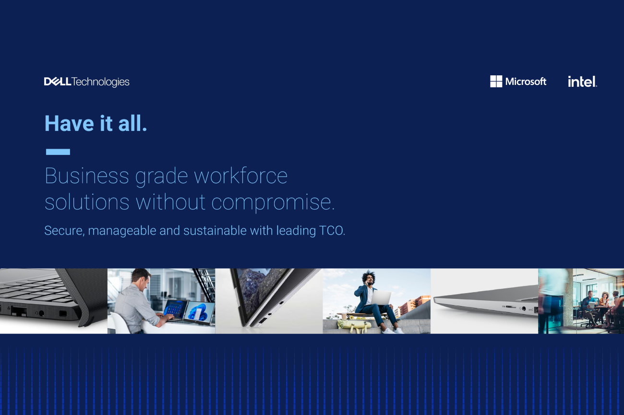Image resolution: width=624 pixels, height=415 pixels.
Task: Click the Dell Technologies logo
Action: click(86, 82)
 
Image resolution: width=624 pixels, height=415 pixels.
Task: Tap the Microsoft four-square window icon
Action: click(496, 82)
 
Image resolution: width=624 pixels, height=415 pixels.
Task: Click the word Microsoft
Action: click(526, 82)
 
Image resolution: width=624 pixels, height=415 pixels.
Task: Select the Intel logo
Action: click(582, 82)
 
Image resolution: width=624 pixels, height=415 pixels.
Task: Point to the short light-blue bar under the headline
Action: click(58, 152)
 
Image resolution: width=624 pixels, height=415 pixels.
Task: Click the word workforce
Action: click(240, 176)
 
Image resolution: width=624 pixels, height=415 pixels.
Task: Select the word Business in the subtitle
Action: click(87, 176)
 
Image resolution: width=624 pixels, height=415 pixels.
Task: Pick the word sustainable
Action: click(215, 231)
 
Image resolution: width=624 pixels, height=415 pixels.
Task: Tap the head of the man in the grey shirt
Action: click(142, 279)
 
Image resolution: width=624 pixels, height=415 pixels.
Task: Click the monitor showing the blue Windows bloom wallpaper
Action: click(199, 313)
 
